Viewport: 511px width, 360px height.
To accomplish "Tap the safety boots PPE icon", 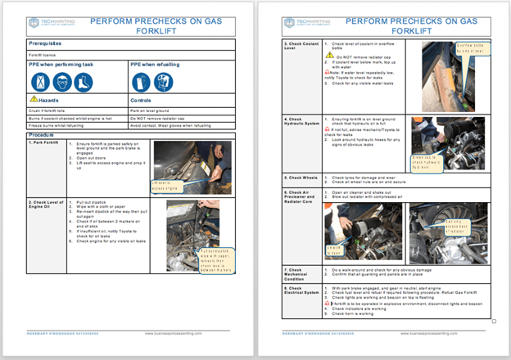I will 82,82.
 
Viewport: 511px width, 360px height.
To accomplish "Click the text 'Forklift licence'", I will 44,55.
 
